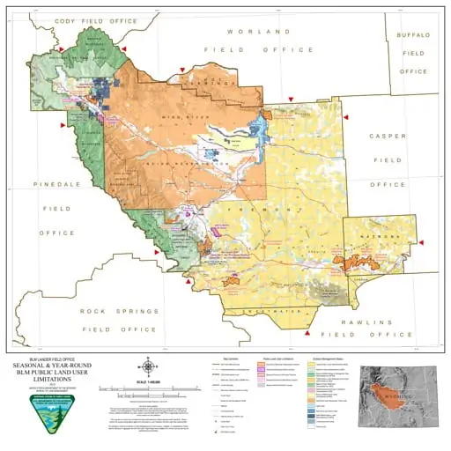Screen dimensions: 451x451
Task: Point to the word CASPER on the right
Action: click(388, 137)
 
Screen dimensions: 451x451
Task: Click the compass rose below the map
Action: click(149, 366)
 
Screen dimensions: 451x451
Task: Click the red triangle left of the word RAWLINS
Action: click(307, 334)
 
